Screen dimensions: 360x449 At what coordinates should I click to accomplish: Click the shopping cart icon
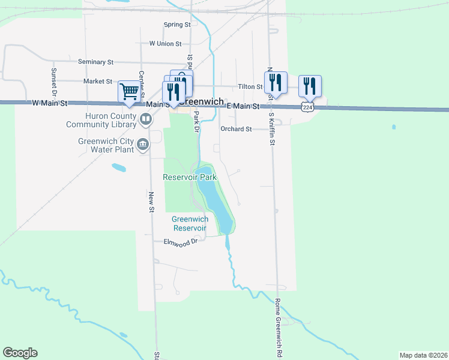129,91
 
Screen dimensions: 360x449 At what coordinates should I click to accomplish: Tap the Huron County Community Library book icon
145,119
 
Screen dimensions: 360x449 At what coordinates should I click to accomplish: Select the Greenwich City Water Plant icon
143,144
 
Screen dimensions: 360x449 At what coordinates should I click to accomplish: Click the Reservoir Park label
190,177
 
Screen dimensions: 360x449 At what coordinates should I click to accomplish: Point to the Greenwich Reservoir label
190,223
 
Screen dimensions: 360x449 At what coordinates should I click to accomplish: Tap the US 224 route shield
307,107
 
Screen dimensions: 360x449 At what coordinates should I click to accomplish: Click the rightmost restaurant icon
310,86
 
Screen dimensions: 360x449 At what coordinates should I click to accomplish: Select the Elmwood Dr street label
181,242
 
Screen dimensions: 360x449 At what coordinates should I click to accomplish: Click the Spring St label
177,25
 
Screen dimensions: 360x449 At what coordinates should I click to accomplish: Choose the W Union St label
165,44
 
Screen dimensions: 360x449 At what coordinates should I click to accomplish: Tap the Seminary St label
95,62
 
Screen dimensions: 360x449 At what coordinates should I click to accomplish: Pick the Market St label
98,81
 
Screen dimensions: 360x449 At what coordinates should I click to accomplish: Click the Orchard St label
235,129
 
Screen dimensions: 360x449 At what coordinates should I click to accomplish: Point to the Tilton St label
250,87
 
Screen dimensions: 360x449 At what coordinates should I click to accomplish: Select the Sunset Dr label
53,82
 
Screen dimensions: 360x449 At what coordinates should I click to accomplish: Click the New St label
151,200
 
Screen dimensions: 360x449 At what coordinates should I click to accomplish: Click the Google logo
20,353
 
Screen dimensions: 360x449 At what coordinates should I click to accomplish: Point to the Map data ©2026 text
423,355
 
